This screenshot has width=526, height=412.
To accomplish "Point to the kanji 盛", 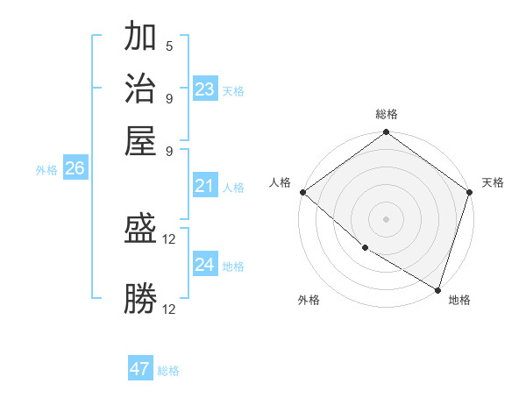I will pos(141,230).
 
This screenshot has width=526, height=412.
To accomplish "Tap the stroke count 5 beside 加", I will pos(169,46).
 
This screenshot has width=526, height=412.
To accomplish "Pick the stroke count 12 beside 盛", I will pos(170,238).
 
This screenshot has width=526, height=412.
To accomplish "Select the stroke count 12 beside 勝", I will pos(170,309).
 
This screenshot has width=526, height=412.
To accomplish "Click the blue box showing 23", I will pos(205,89).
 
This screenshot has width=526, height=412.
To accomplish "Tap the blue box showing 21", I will pos(205,186).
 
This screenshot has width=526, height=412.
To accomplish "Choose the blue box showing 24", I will pos(205,265).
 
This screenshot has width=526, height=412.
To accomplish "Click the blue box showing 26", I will pos(75,168).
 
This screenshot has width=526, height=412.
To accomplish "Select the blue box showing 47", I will pos(140,369).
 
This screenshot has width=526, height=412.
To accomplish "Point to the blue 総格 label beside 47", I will pos(168,371).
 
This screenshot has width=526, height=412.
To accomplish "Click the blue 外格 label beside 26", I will pos(46,170).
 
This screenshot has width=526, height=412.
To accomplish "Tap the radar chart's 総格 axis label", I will pos(387,115).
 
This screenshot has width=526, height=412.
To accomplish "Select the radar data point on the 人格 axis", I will pos(302,192).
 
